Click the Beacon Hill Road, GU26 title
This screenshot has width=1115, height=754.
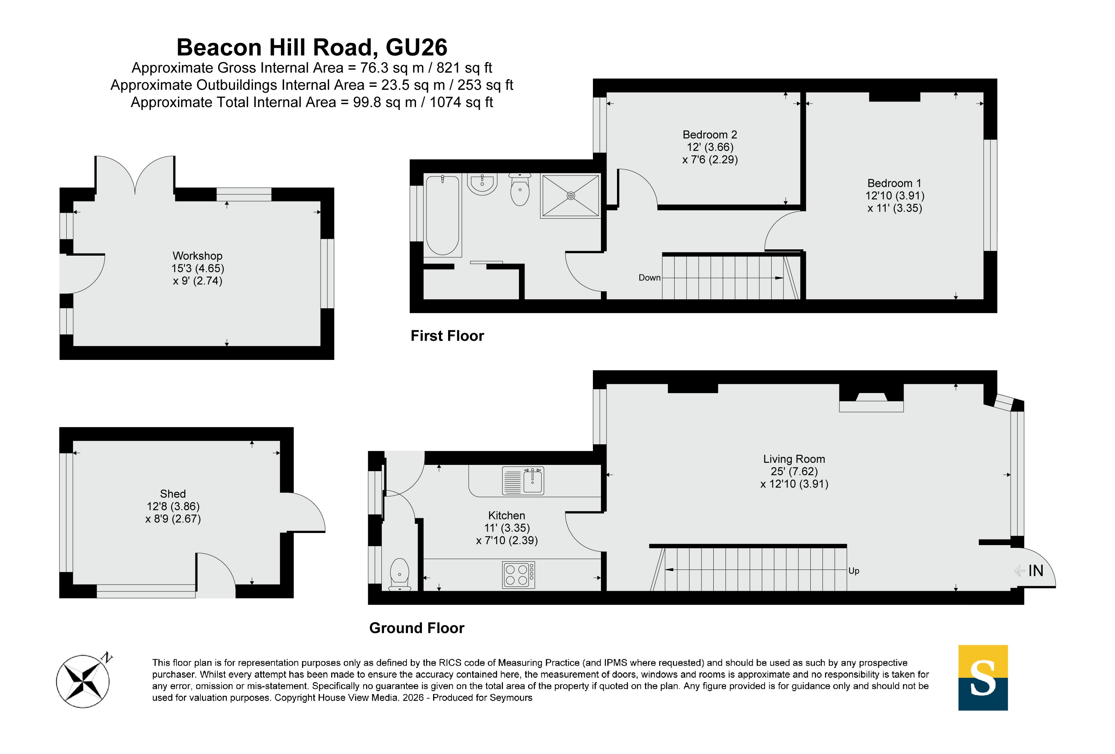coord(312,47)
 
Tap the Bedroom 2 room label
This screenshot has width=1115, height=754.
coord(709,135)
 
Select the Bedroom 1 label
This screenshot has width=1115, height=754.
coord(894,183)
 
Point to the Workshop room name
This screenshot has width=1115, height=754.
coord(197,256)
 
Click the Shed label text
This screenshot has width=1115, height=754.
coord(173,494)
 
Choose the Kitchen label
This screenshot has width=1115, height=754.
coord(507,515)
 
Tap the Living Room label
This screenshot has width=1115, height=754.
coord(794,459)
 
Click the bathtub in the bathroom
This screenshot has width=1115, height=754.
coord(443,215)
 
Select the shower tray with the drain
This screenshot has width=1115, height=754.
coord(571,196)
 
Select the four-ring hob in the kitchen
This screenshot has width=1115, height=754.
coord(518,575)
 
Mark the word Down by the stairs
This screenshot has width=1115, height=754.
coord(649,278)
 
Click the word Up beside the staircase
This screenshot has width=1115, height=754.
coord(854,571)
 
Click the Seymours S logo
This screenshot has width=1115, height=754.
coord(983,677)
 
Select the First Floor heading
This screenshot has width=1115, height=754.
coord(447,335)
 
